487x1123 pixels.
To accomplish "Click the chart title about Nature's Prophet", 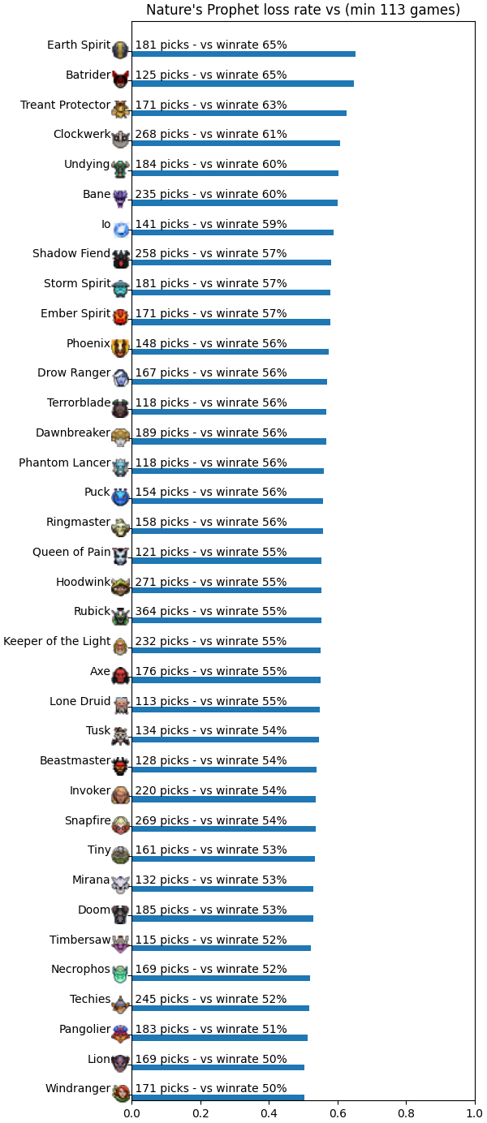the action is pyautogui.click(x=303, y=10).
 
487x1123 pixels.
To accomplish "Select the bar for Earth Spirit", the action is pyautogui.click(x=243, y=54).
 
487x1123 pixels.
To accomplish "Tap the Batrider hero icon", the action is pyautogui.click(x=120, y=79).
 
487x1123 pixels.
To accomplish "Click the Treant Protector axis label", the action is pyautogui.click(x=65, y=105).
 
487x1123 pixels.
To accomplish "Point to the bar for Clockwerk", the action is pyautogui.click(x=236, y=144).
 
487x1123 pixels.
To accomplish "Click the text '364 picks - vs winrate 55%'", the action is pyautogui.click(x=211, y=611).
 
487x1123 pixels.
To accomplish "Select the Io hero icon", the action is pyautogui.click(x=121, y=229).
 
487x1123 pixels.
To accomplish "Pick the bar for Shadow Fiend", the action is pyautogui.click(x=231, y=262).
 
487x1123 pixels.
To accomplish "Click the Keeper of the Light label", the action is pyautogui.click(x=57, y=641).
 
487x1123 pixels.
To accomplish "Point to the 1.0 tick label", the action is pyautogui.click(x=475, y=1113).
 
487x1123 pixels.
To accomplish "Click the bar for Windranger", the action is pyautogui.click(x=218, y=1097).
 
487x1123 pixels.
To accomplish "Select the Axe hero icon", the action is pyautogui.click(x=120, y=675).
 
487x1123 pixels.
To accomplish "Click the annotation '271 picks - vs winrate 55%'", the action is pyautogui.click(x=211, y=582).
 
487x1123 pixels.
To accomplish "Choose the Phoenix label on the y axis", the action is pyautogui.click(x=88, y=343).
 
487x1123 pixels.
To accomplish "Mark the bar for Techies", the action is pyautogui.click(x=221, y=1008).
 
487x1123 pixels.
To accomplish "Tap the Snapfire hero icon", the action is pyautogui.click(x=120, y=824).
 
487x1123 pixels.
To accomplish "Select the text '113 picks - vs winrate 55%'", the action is pyautogui.click(x=211, y=701).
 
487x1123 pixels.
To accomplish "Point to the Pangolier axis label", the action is pyautogui.click(x=84, y=1029).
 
